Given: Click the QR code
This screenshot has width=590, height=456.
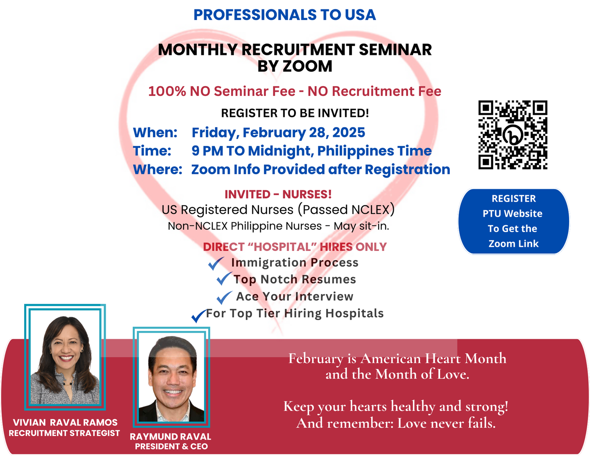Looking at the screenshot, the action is pyautogui.click(x=513, y=135).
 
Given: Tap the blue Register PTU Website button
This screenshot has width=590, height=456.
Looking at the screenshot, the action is pyautogui.click(x=514, y=221).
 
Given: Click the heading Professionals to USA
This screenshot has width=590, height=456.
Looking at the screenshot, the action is pyautogui.click(x=284, y=15).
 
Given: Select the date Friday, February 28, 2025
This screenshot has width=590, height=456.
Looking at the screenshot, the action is pyautogui.click(x=278, y=132).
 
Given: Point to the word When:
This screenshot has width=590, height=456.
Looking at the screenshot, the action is pyautogui.click(x=155, y=132).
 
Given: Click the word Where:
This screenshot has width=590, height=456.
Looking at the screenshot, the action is pyautogui.click(x=157, y=169).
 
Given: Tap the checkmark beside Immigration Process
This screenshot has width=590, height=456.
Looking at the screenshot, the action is pyautogui.click(x=216, y=263).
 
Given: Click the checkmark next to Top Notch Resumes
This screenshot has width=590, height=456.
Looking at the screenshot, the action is pyautogui.click(x=224, y=278).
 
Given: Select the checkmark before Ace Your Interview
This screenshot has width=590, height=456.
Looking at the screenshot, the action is pyautogui.click(x=224, y=297).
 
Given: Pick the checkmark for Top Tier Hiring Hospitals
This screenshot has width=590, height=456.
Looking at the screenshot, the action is pyautogui.click(x=199, y=316).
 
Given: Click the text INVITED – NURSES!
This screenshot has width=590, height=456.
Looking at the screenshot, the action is pyautogui.click(x=278, y=194).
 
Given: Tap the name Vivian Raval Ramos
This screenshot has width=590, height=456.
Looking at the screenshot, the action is pyautogui.click(x=65, y=422).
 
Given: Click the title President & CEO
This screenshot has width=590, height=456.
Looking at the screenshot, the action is pyautogui.click(x=171, y=446).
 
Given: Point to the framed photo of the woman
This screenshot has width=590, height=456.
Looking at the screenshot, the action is pyautogui.click(x=65, y=357).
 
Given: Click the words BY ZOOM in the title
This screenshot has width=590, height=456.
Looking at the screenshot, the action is pyautogui.click(x=295, y=66).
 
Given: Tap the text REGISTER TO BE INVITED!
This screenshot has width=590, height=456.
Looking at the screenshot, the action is pyautogui.click(x=295, y=113).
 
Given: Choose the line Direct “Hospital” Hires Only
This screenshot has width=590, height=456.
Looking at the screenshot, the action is pyautogui.click(x=295, y=247).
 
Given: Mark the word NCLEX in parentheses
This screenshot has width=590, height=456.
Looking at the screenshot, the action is pyautogui.click(x=371, y=210).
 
